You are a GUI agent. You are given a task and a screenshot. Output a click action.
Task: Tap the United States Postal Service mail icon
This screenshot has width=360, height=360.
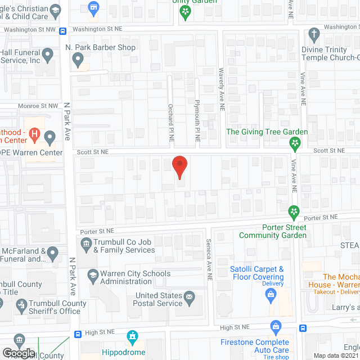coord(190,296)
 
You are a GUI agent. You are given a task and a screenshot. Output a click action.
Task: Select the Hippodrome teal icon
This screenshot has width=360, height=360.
coord(133,337)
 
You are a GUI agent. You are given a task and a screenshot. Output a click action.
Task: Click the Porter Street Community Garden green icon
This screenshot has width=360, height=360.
coord(293,211)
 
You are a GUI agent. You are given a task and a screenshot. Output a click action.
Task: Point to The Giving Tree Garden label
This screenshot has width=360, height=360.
coord(267,132)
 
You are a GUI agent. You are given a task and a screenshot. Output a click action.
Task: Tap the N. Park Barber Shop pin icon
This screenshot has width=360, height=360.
coord(78,58)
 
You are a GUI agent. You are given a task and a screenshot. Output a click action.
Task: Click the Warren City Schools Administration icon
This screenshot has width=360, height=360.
coord(93,276)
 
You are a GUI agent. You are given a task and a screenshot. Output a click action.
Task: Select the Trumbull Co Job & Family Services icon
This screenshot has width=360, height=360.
coord(86,244)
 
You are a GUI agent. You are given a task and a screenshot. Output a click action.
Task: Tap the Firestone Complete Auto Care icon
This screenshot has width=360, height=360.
coord(276,326)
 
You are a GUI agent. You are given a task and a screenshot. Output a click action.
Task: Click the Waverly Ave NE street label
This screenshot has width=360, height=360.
coord(221,84)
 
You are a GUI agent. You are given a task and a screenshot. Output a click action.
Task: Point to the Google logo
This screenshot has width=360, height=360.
coord(19,353)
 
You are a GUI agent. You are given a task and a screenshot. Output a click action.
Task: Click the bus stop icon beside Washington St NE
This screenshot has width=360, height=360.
coord(63,30)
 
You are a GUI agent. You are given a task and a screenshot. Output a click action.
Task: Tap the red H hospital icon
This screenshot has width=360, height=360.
coord(35,135)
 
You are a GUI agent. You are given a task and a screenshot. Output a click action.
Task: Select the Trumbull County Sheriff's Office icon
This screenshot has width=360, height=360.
coord(21,305)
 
